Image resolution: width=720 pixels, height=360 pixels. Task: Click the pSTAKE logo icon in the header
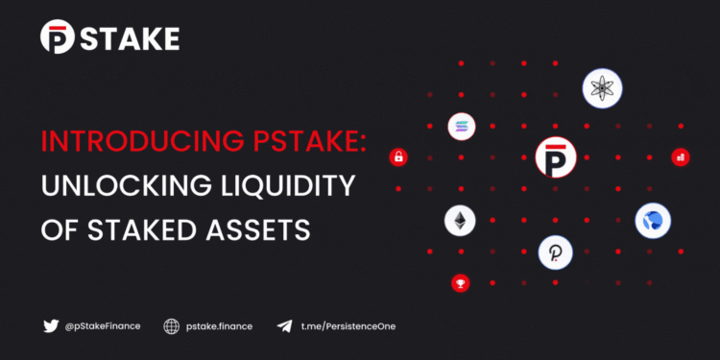click(58, 37)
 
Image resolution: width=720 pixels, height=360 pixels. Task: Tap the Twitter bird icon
click(51, 326)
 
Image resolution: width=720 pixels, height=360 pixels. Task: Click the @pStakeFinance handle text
click(103, 326)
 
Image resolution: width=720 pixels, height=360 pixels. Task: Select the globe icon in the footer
click(172, 326)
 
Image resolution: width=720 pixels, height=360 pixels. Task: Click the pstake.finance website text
click(220, 326)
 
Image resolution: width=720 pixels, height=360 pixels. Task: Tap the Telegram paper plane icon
click(284, 326)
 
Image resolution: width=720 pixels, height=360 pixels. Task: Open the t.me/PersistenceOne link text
click(348, 326)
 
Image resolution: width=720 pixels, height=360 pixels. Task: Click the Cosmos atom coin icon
click(603, 89)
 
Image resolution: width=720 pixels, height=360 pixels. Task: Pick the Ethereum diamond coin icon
click(460, 221)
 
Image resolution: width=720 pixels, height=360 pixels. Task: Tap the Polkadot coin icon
click(555, 252)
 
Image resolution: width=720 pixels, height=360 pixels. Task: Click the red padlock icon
click(397, 157)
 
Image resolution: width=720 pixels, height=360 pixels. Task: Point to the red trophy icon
click(460, 283)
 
